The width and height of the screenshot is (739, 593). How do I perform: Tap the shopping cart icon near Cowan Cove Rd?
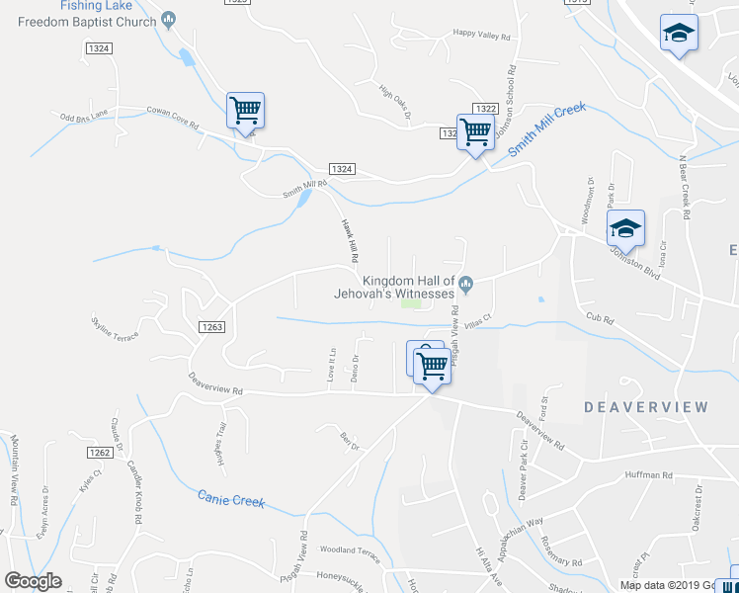point(245,111)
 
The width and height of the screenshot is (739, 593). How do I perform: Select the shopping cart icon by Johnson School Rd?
point(476,131)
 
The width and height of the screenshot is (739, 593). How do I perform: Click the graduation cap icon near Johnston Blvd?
point(624,229)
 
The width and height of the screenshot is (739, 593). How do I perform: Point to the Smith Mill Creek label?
point(547,129)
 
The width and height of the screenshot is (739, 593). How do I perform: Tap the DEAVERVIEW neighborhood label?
point(646,407)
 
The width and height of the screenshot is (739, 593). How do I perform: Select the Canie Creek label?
point(231,500)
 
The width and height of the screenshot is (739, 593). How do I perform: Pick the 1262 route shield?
point(99,453)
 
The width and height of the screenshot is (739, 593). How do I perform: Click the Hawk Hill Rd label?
point(348,240)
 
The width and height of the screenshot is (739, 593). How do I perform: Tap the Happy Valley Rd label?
point(481,36)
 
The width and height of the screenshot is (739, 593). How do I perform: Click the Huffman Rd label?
point(648,475)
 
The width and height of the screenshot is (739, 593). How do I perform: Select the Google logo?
point(33,581)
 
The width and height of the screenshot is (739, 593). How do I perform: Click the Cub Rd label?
point(600,318)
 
